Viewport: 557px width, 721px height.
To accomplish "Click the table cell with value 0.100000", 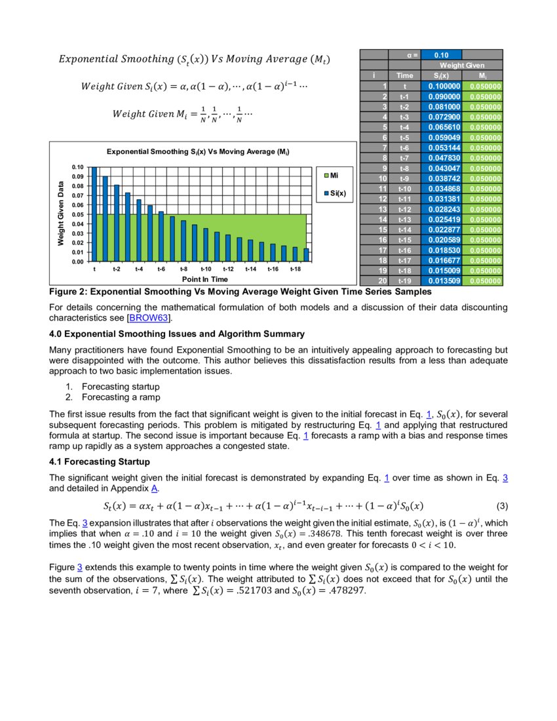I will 441,86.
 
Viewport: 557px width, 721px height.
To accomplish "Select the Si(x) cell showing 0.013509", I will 441,281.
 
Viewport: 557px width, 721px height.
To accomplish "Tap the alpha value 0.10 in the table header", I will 441,55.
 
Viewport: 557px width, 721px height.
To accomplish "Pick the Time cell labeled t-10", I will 404,189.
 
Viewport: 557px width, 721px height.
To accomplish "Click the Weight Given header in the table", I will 461,66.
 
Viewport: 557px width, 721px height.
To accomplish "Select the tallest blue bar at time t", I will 94,214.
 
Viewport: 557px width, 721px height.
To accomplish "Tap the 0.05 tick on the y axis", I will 78,214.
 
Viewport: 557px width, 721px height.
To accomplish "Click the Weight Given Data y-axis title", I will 60,214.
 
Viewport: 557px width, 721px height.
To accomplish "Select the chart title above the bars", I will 198,151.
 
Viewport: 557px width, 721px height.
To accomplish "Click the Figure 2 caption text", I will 240,291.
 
